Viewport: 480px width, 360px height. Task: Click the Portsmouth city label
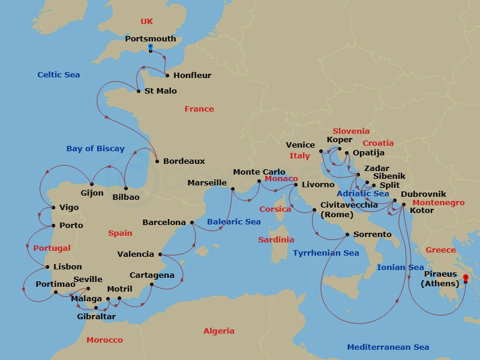[151, 39]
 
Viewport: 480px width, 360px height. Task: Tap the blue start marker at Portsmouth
[150, 46]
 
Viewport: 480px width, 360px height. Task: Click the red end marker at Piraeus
[465, 277]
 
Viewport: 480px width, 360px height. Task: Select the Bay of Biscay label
[95, 149]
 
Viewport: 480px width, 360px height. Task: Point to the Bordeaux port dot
[157, 161]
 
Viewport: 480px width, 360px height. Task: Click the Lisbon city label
[67, 267]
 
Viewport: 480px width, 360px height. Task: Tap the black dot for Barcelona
[192, 223]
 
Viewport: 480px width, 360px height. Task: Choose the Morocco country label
[104, 340]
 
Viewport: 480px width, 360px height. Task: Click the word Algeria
[218, 331]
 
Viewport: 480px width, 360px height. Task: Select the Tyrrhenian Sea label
[326, 253]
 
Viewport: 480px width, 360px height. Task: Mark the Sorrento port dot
[347, 235]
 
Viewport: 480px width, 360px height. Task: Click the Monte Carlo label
[259, 172]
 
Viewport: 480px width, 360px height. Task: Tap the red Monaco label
[281, 179]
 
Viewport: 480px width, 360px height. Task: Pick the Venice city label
[300, 145]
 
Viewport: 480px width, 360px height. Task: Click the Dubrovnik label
[423, 194]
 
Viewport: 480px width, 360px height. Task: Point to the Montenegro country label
[438, 203]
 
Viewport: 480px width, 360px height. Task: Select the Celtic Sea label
[58, 75]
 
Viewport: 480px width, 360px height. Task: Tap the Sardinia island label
[276, 240]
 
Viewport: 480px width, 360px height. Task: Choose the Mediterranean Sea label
[388, 347]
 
